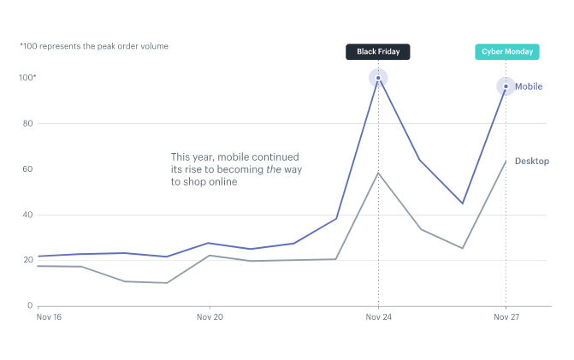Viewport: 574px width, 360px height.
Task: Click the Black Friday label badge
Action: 378,51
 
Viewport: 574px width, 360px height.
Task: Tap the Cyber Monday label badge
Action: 506,51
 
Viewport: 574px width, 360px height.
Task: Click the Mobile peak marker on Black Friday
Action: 378,79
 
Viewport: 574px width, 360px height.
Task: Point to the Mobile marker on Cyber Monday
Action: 506,86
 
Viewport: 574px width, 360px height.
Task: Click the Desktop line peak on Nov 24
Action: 378,173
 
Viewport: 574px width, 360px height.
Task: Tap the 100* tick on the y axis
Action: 28,79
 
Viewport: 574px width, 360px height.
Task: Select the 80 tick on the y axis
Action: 27,124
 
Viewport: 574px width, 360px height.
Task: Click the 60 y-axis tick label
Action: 27,169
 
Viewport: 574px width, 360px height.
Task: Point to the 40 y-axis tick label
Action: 27,215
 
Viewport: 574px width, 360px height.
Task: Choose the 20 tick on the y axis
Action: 27,260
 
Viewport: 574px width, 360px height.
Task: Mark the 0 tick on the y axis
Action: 30,305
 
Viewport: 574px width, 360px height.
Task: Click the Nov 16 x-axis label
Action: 50,316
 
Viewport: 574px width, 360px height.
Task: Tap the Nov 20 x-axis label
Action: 210,316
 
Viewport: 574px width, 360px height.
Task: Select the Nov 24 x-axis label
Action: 378,316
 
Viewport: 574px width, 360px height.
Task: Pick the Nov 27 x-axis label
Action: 506,316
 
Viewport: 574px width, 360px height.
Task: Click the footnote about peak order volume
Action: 94,45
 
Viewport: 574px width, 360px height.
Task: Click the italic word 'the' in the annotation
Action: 274,169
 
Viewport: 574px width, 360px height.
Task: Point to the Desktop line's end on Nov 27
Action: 506,161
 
